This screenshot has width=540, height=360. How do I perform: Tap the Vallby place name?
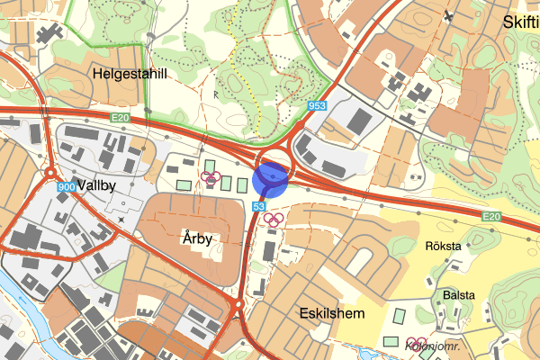97,185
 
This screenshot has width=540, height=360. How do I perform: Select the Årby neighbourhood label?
196,238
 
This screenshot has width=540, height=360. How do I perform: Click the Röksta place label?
442,246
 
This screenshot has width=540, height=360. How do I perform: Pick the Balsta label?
458,294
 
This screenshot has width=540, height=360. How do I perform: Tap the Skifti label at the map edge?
521,22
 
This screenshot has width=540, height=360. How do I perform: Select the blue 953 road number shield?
316,105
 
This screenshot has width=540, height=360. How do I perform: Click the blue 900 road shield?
65,186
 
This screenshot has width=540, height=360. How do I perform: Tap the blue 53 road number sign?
259,207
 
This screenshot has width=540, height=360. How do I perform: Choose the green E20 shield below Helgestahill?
121,118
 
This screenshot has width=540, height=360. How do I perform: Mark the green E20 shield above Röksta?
490,217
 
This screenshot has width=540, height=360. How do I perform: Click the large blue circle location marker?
271,177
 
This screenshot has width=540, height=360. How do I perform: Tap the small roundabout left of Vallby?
50,173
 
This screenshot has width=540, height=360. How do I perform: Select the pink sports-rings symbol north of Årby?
212,177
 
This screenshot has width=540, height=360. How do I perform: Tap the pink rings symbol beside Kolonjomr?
415,341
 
